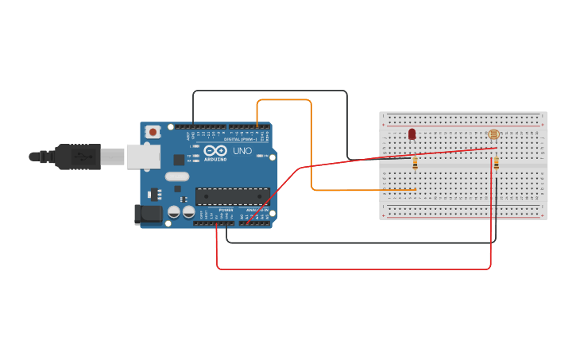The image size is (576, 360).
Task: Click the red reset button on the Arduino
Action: coord(153,131)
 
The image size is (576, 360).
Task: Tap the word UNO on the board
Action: coord(242,150)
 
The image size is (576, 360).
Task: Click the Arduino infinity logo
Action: coord(215,150)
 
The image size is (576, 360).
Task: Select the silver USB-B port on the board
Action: coord(143,157)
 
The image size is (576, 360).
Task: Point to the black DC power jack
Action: coord(148,213)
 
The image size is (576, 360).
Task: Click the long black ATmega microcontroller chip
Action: coord(232,196)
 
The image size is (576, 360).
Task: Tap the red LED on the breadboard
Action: coord(412,134)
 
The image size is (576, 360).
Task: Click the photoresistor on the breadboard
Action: coord(493,134)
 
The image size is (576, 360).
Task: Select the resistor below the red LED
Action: coord(416,164)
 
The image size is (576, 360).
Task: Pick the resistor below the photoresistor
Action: coord(497,163)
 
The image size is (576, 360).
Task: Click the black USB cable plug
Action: coord(76,157)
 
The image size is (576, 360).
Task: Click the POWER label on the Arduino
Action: coord(226,210)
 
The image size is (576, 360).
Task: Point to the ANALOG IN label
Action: coord(255,210)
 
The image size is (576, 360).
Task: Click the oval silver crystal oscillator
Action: coord(177,176)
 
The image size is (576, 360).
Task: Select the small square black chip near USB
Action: coord(179,160)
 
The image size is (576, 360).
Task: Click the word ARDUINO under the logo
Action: coord(215,159)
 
